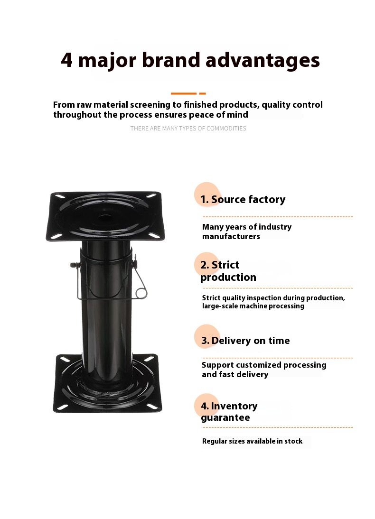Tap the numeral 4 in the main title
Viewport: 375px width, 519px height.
coord(66,60)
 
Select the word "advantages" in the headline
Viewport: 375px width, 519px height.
coord(262,61)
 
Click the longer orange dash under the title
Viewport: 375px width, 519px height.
coord(184,93)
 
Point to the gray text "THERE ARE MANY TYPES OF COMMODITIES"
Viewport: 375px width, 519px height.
coord(188,129)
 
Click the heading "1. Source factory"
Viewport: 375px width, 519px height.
coord(243,199)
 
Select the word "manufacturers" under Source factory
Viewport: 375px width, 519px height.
coord(231,236)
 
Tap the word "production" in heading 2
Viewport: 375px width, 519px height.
coord(228,278)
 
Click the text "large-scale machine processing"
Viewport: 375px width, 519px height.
coord(253,306)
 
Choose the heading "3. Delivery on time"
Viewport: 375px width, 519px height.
coord(245,341)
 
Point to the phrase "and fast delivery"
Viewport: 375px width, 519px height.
coord(235,374)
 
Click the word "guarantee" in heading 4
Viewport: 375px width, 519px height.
coord(225,418)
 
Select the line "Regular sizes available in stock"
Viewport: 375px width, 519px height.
coord(252,441)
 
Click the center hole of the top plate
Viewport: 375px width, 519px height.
coord(104,219)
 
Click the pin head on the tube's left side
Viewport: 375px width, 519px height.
coord(73,265)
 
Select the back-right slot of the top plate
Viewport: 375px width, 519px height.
coord(151,196)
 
